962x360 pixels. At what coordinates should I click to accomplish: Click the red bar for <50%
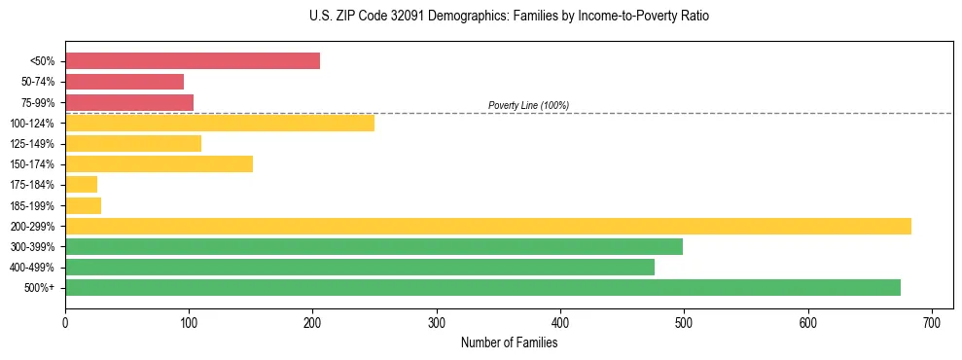(193, 61)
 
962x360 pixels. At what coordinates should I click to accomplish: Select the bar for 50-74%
(125, 82)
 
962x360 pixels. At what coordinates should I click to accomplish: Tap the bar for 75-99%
(129, 102)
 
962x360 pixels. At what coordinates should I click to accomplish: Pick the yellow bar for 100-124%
(220, 123)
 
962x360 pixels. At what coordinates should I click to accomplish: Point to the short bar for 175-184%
(81, 184)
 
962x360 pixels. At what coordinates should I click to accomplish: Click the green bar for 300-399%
(374, 246)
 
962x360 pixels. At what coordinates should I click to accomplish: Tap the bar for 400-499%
(360, 267)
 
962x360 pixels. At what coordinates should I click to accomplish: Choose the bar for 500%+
(482, 287)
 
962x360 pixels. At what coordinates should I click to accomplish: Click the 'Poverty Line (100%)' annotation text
(528, 105)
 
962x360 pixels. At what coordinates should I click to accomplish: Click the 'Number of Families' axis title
(509, 342)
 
